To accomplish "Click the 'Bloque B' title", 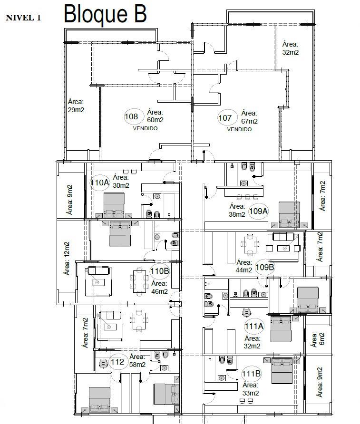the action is [105, 14].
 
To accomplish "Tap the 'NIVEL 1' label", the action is [23, 18].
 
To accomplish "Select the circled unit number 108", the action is [131, 116].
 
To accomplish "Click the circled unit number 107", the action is [225, 118].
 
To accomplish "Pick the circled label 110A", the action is [100, 183].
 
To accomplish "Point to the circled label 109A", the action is [258, 211].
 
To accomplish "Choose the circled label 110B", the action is [160, 271].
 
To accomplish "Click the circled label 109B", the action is [265, 267].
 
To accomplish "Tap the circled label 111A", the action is [254, 326].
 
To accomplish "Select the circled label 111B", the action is [251, 374].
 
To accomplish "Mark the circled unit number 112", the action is [117, 362].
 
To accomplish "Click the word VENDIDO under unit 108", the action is [145, 128].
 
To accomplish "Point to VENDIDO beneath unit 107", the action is [239, 129].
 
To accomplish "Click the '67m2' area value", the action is [249, 121].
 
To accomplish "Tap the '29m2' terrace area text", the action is [76, 110].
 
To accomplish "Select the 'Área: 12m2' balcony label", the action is [67, 258].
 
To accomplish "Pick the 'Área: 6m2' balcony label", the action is [318, 340].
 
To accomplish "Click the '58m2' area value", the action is [137, 365].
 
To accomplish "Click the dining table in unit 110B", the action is [139, 281].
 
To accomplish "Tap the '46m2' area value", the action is [160, 291].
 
